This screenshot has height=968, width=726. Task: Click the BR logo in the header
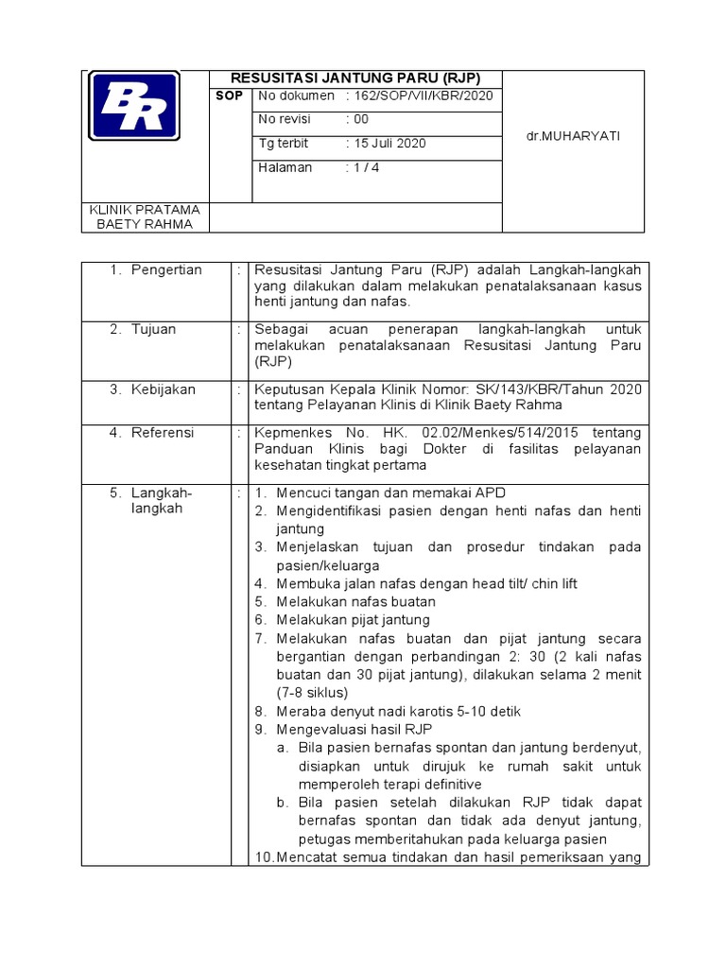pyautogui.click(x=133, y=108)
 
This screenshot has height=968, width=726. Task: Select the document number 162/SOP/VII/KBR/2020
pyautogui.click(x=423, y=95)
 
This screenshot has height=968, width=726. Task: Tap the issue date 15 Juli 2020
pyautogui.click(x=389, y=144)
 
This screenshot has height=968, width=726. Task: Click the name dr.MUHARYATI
pyautogui.click(x=573, y=136)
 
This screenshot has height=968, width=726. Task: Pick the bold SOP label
pyautogui.click(x=230, y=95)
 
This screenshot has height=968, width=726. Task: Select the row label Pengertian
pyautogui.click(x=166, y=270)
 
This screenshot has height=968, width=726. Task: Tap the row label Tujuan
pyautogui.click(x=153, y=329)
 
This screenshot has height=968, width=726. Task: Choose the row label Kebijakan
pyautogui.click(x=164, y=389)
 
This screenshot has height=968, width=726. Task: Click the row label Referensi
pyautogui.click(x=163, y=432)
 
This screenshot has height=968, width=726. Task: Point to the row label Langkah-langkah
pyautogui.click(x=162, y=500)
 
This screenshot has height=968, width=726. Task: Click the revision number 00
pyautogui.click(x=360, y=120)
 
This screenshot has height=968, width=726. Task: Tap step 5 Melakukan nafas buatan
pyautogui.click(x=356, y=601)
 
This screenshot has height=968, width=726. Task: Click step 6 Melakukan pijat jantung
pyautogui.click(x=354, y=620)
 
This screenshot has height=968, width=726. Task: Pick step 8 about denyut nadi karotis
pyautogui.click(x=399, y=711)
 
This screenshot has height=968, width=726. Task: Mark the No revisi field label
pyautogui.click(x=284, y=120)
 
